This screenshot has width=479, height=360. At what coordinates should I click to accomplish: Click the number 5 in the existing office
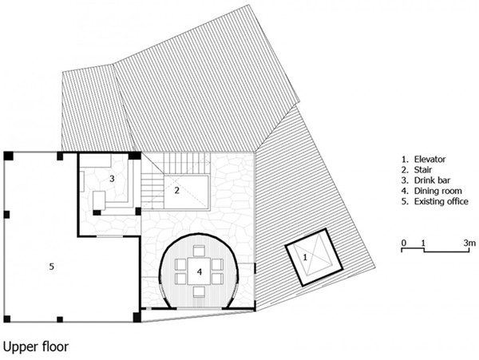52,267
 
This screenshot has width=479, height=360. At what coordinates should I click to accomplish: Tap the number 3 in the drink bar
112,179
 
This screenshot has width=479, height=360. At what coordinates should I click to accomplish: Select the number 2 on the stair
177,190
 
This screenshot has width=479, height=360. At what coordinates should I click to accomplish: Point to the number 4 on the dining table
200,271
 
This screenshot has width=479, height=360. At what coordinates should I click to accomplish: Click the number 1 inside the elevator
305,257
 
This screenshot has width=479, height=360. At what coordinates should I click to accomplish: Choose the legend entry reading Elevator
430,159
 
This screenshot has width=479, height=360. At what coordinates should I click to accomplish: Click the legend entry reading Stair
423,169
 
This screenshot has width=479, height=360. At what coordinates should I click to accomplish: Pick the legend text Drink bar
432,180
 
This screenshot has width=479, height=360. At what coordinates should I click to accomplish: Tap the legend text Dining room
437,191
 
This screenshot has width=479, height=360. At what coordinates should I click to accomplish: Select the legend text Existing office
441,201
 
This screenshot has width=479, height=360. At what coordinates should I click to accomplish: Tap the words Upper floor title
36,346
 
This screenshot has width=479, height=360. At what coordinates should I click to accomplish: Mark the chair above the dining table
200,251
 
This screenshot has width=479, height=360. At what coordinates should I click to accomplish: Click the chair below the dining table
200,292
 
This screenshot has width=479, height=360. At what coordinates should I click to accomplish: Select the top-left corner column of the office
8,156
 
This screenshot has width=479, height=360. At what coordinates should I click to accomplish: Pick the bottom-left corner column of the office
7,319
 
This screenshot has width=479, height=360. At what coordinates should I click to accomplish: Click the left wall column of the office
6,215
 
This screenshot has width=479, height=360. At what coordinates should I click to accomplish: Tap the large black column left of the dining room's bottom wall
137,317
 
